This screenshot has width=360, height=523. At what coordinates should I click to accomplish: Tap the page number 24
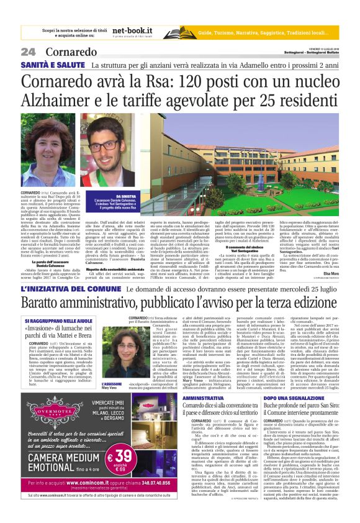point(28,52)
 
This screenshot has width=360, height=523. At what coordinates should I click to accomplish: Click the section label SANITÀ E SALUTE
point(52,65)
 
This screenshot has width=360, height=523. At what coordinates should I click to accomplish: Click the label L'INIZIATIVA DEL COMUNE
point(70,289)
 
